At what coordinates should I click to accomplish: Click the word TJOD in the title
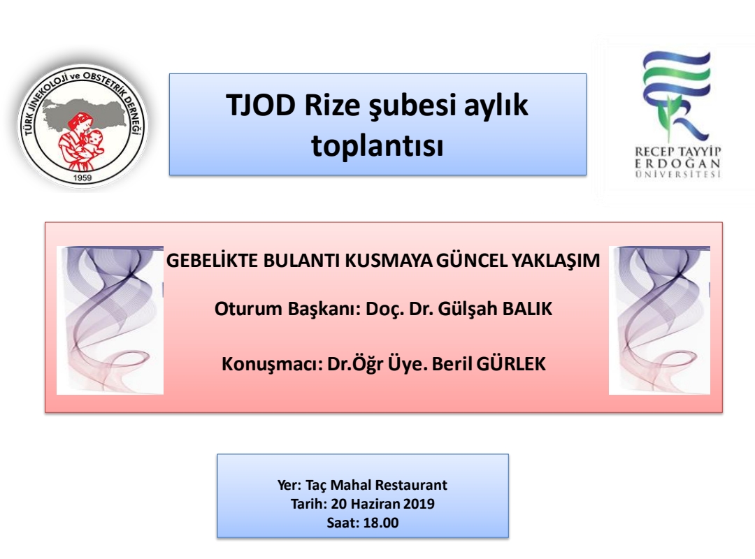tap(261, 105)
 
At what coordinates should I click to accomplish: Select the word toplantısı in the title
tap(377, 145)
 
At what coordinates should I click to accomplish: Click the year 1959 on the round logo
tap(82, 177)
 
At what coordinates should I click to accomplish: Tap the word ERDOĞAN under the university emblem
tap(677, 163)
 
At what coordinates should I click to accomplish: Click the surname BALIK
tap(527, 309)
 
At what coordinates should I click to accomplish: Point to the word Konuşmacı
tap(272, 364)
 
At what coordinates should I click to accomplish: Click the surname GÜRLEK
tap(511, 363)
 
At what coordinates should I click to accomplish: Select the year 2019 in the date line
tap(419, 504)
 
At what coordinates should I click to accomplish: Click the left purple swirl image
tap(110, 320)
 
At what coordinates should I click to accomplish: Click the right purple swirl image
tap(660, 320)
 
